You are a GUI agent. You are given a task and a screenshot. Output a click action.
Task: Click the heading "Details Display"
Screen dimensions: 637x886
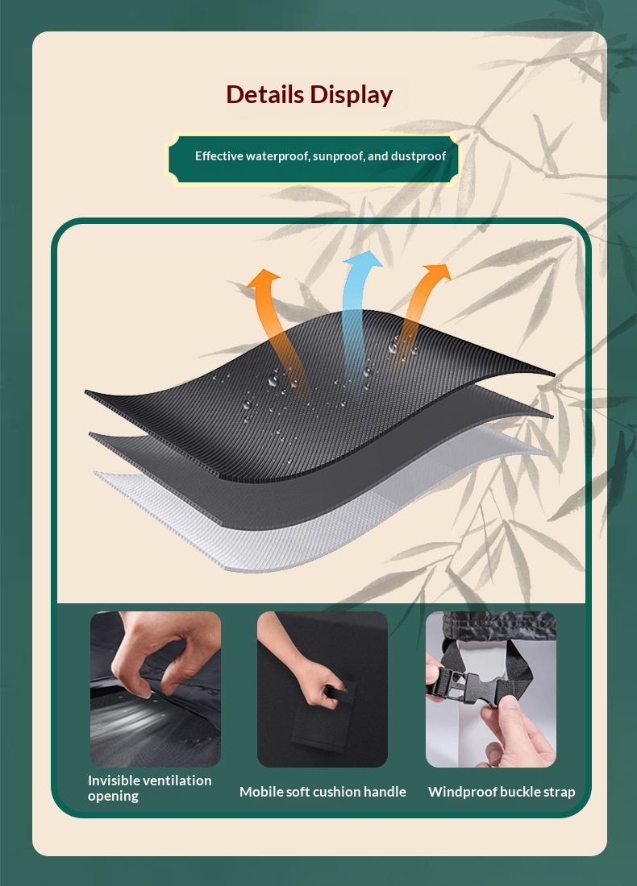[x=310, y=95]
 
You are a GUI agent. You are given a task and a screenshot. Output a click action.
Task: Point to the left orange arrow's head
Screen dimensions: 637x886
[x=263, y=279]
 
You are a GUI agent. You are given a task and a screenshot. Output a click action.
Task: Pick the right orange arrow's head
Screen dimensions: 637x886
[x=437, y=274]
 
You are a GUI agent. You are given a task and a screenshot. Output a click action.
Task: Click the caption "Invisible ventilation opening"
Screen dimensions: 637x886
[x=150, y=788]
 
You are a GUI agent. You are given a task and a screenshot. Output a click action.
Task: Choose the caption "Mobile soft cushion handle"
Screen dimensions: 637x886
[x=323, y=792]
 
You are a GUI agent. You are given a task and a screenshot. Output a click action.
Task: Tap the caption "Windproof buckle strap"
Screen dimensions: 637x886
[x=502, y=792]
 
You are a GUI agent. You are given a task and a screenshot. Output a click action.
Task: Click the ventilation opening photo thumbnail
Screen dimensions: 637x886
[x=156, y=689]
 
